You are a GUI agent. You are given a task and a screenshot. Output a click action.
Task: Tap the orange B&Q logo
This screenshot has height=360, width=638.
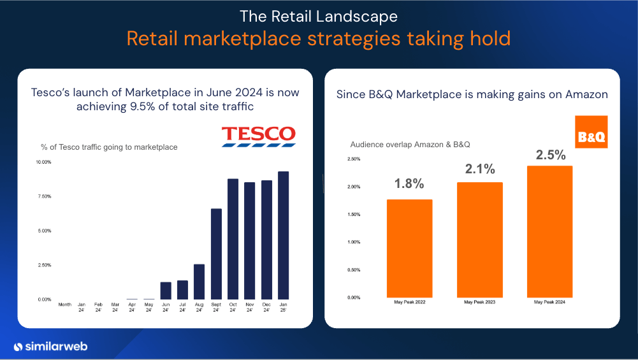(591, 132)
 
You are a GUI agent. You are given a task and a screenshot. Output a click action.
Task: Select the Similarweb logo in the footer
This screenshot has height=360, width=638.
(50, 347)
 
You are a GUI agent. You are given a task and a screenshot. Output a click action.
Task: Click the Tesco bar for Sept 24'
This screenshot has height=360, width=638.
(216, 254)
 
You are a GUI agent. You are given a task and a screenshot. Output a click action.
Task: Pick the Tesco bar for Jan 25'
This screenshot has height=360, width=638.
(283, 235)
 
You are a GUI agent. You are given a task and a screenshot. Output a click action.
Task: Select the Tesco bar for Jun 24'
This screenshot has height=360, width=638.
(166, 291)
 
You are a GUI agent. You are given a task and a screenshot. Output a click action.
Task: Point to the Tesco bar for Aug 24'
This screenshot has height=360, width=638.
(199, 282)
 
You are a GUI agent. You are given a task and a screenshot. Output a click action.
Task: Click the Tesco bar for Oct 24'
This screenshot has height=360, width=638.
(233, 239)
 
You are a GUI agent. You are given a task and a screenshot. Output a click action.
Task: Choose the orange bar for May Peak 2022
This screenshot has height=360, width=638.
(409, 248)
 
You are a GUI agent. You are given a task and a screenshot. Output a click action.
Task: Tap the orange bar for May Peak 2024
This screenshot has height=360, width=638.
(549, 231)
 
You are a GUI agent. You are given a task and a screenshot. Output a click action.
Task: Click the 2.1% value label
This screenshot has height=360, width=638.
(479, 169)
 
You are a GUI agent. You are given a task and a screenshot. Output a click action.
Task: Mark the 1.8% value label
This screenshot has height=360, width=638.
(409, 184)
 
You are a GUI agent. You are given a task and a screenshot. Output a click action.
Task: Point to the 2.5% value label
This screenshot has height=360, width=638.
(549, 155)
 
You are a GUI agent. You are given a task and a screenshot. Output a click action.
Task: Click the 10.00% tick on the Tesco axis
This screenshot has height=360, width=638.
(43, 162)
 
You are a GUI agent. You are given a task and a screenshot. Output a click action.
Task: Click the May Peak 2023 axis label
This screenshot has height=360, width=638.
(479, 302)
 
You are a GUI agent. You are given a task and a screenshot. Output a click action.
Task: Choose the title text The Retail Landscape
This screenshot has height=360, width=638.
(319, 15)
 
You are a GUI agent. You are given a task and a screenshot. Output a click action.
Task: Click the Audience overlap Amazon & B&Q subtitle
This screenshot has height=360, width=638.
(410, 145)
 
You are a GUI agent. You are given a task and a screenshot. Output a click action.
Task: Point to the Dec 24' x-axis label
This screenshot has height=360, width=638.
(266, 307)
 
